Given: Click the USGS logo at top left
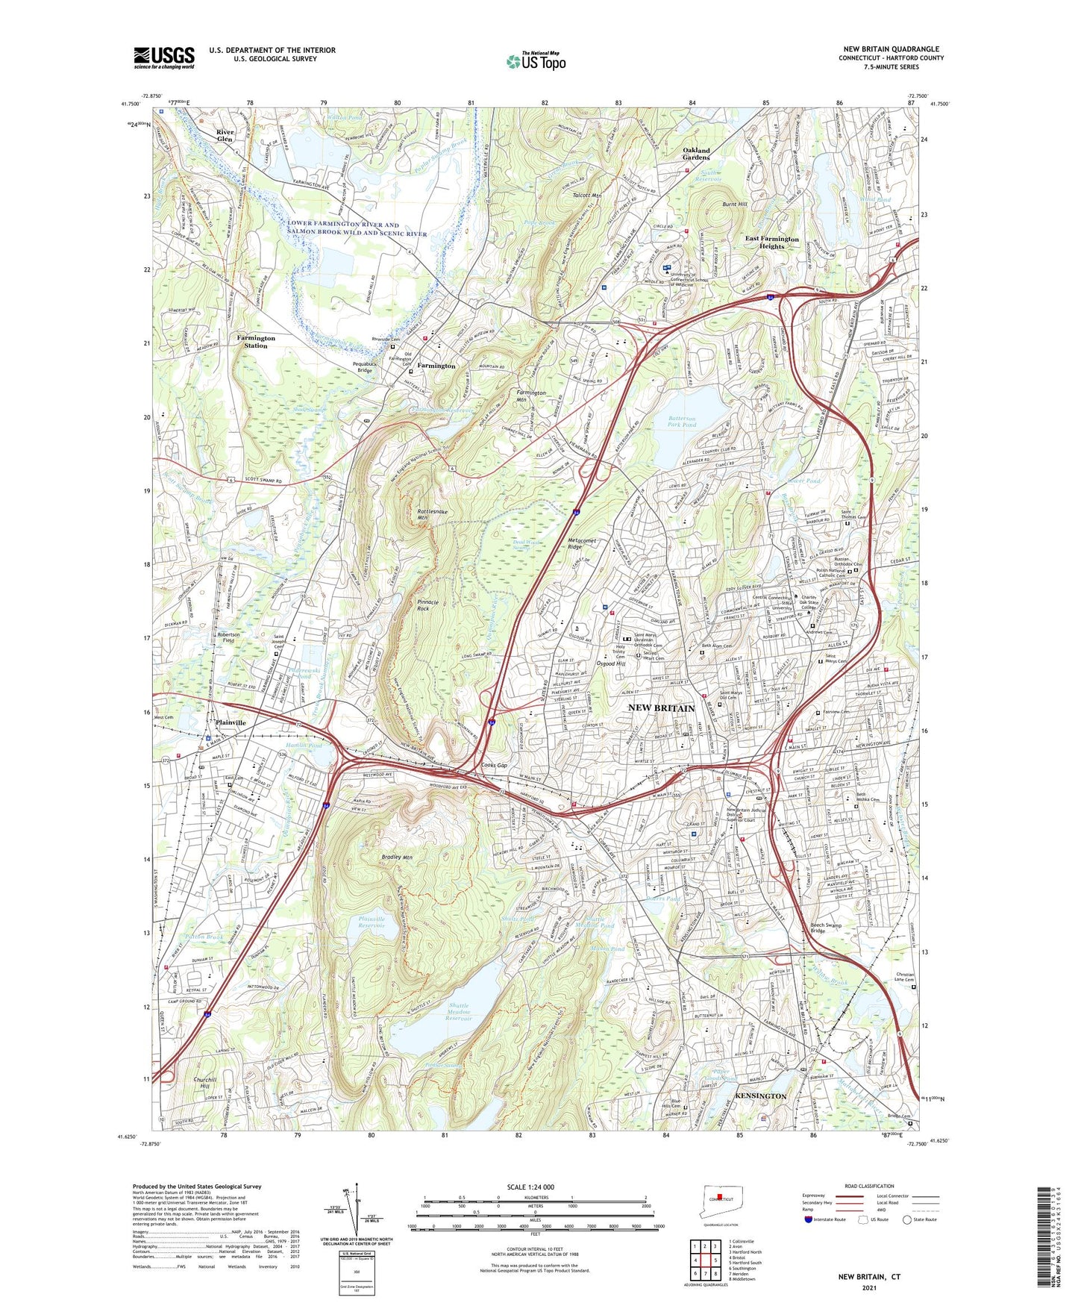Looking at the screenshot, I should coord(163,57).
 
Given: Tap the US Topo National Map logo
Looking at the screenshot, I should coord(535,60).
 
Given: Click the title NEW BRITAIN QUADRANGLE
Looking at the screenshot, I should coord(891,49).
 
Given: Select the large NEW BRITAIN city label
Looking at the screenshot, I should coord(661,707).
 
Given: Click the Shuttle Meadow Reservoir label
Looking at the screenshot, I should coord(459,1011).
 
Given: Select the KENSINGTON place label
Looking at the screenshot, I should coord(761,1096).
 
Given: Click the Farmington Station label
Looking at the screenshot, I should coord(256,342).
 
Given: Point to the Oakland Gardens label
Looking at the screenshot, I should coord(696,154).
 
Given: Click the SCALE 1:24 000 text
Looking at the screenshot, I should coord(530,1187).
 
